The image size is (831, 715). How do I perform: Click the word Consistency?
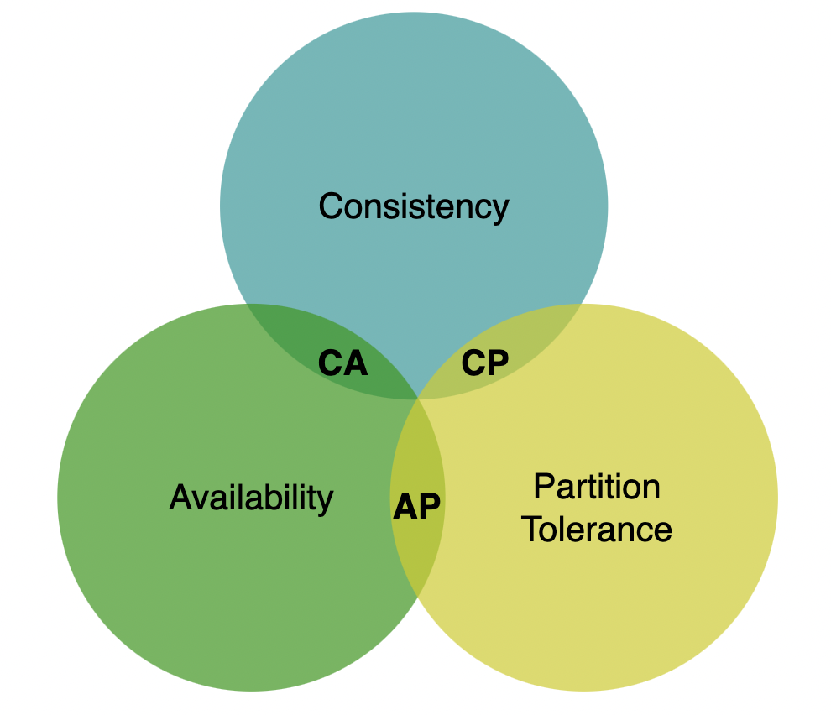[x=414, y=206]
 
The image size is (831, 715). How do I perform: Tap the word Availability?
[x=251, y=497]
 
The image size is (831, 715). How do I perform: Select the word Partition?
[x=597, y=486]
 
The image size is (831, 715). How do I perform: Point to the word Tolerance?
[x=597, y=530]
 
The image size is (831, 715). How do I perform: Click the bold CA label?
[x=342, y=363]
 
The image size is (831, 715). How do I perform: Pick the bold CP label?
[x=485, y=363]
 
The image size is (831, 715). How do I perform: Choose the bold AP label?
[x=417, y=506]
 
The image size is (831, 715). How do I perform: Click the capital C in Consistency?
[x=330, y=206]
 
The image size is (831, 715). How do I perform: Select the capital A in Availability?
[x=180, y=497]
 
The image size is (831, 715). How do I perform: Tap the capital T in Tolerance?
[x=531, y=530]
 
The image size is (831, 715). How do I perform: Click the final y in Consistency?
[x=500, y=210]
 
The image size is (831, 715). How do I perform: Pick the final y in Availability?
[x=327, y=501]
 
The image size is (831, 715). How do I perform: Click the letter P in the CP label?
[x=498, y=363]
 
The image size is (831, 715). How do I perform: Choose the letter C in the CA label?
[x=330, y=363]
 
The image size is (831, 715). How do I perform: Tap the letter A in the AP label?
[x=405, y=506]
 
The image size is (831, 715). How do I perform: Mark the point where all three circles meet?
[x=417, y=398]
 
